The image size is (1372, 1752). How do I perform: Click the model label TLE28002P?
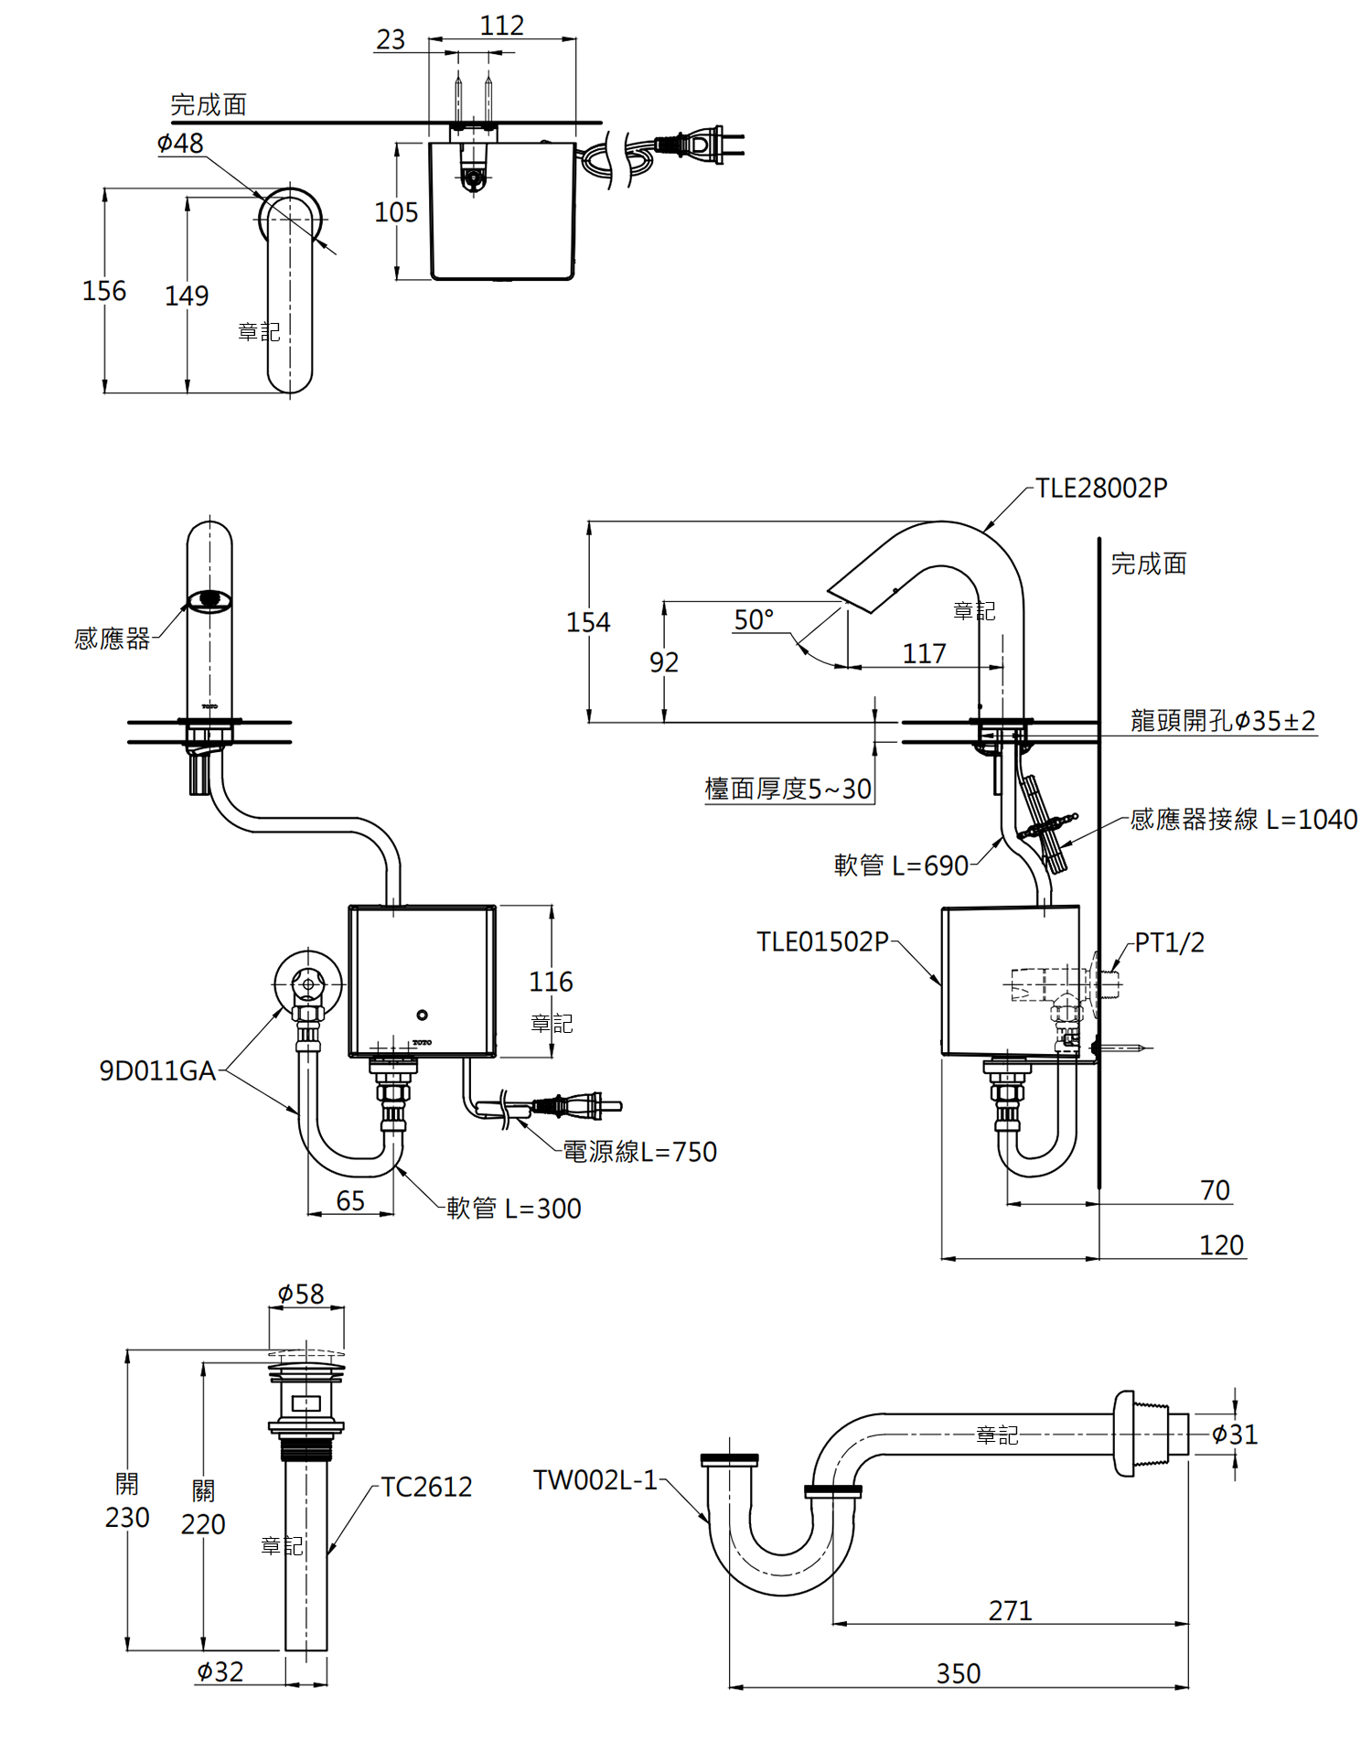click(x=1101, y=488)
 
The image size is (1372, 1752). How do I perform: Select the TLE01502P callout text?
click(x=822, y=941)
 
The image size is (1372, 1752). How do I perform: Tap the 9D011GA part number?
click(x=157, y=1070)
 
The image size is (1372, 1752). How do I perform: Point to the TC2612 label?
click(x=426, y=1487)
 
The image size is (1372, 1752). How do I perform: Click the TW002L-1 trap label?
click(x=595, y=1479)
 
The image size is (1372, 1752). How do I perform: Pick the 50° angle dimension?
click(x=754, y=619)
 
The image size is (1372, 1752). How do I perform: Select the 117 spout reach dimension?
click(x=924, y=653)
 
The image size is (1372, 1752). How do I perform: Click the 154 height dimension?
click(x=588, y=622)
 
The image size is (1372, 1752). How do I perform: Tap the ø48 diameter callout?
click(x=180, y=143)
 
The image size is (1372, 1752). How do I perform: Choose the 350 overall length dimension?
click(x=959, y=1673)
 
